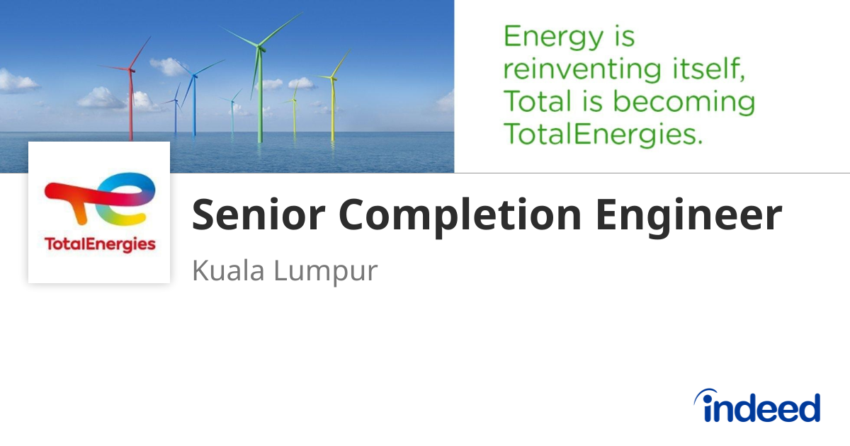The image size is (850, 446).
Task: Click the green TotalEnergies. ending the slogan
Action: click(603, 135)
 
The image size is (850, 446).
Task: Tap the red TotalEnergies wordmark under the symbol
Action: click(99, 245)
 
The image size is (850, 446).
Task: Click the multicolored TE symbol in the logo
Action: click(99, 198)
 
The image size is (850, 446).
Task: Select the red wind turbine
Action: click(131, 99)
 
